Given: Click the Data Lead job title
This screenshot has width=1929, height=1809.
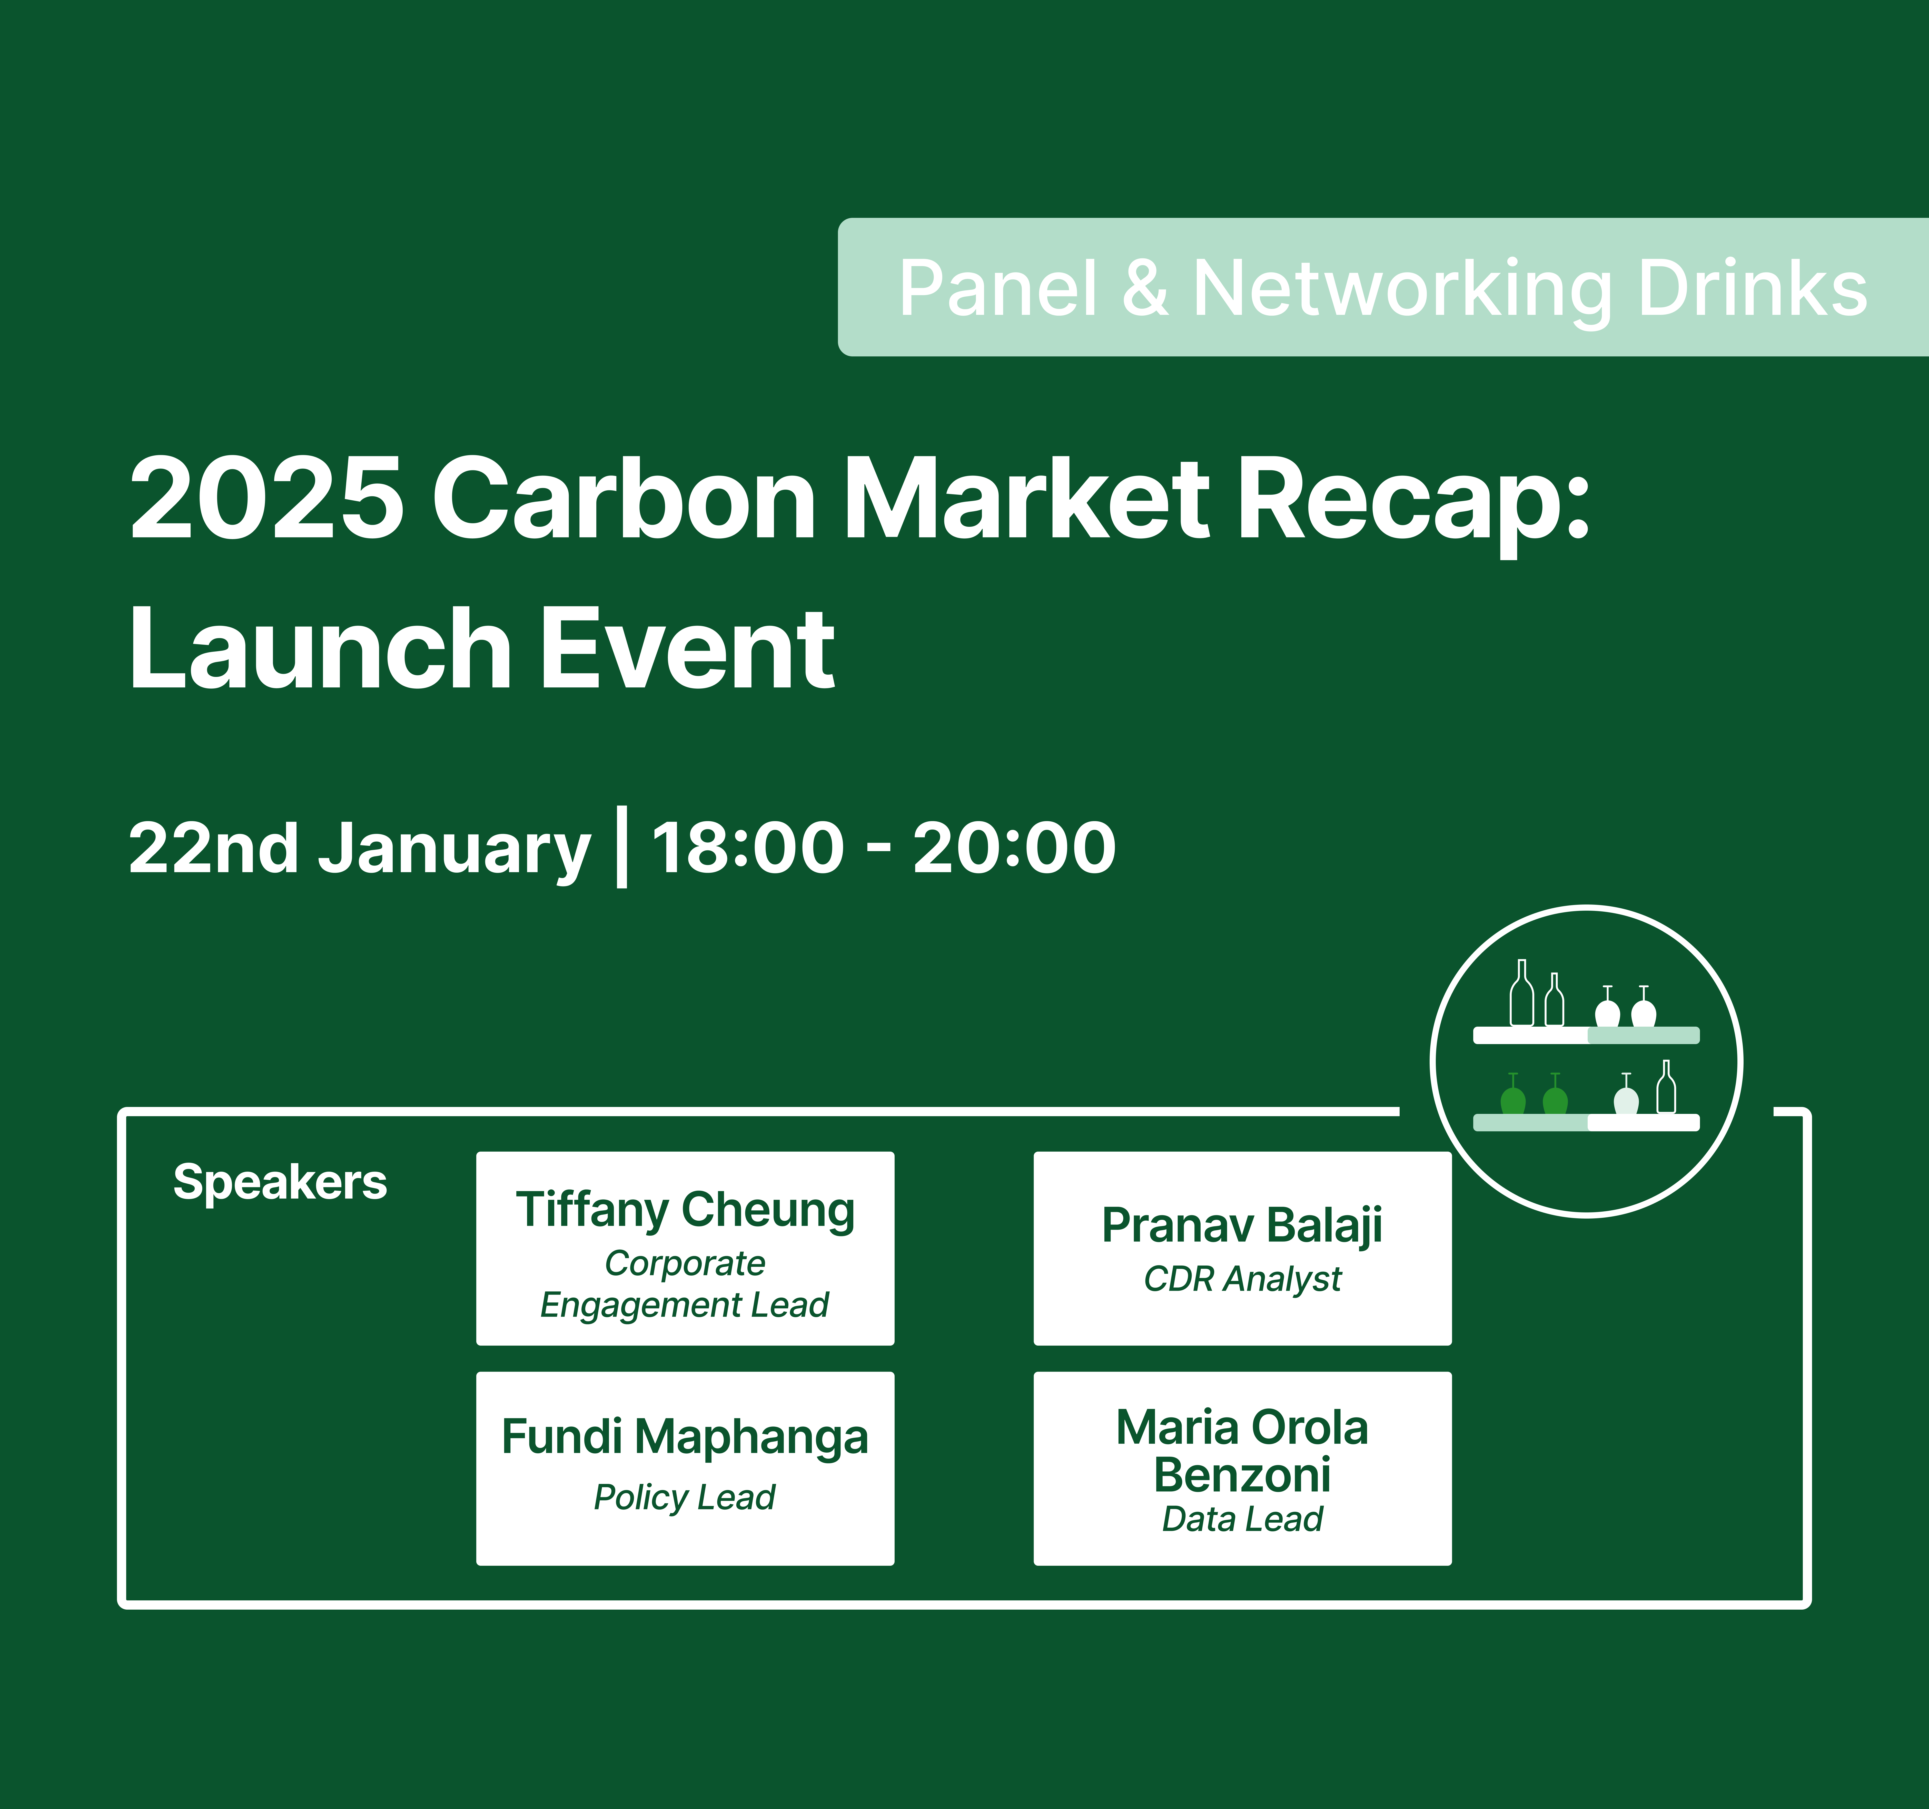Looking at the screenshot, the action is pos(1242,1519).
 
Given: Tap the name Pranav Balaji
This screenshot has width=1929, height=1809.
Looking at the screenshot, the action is pos(1242,1226).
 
